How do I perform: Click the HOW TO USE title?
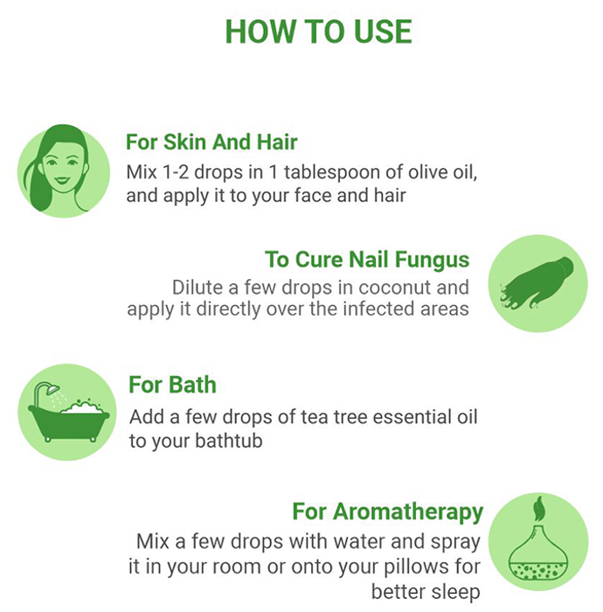pos(319,31)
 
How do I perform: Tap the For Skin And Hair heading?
pos(211,142)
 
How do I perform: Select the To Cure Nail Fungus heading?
pos(367,260)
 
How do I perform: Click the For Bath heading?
pos(172,385)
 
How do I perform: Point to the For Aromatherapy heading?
pos(388,511)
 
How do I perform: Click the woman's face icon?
pos(64,171)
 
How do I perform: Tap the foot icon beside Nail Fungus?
pos(537,283)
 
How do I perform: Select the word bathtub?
pos(229,441)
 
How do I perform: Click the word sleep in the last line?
pos(454,592)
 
